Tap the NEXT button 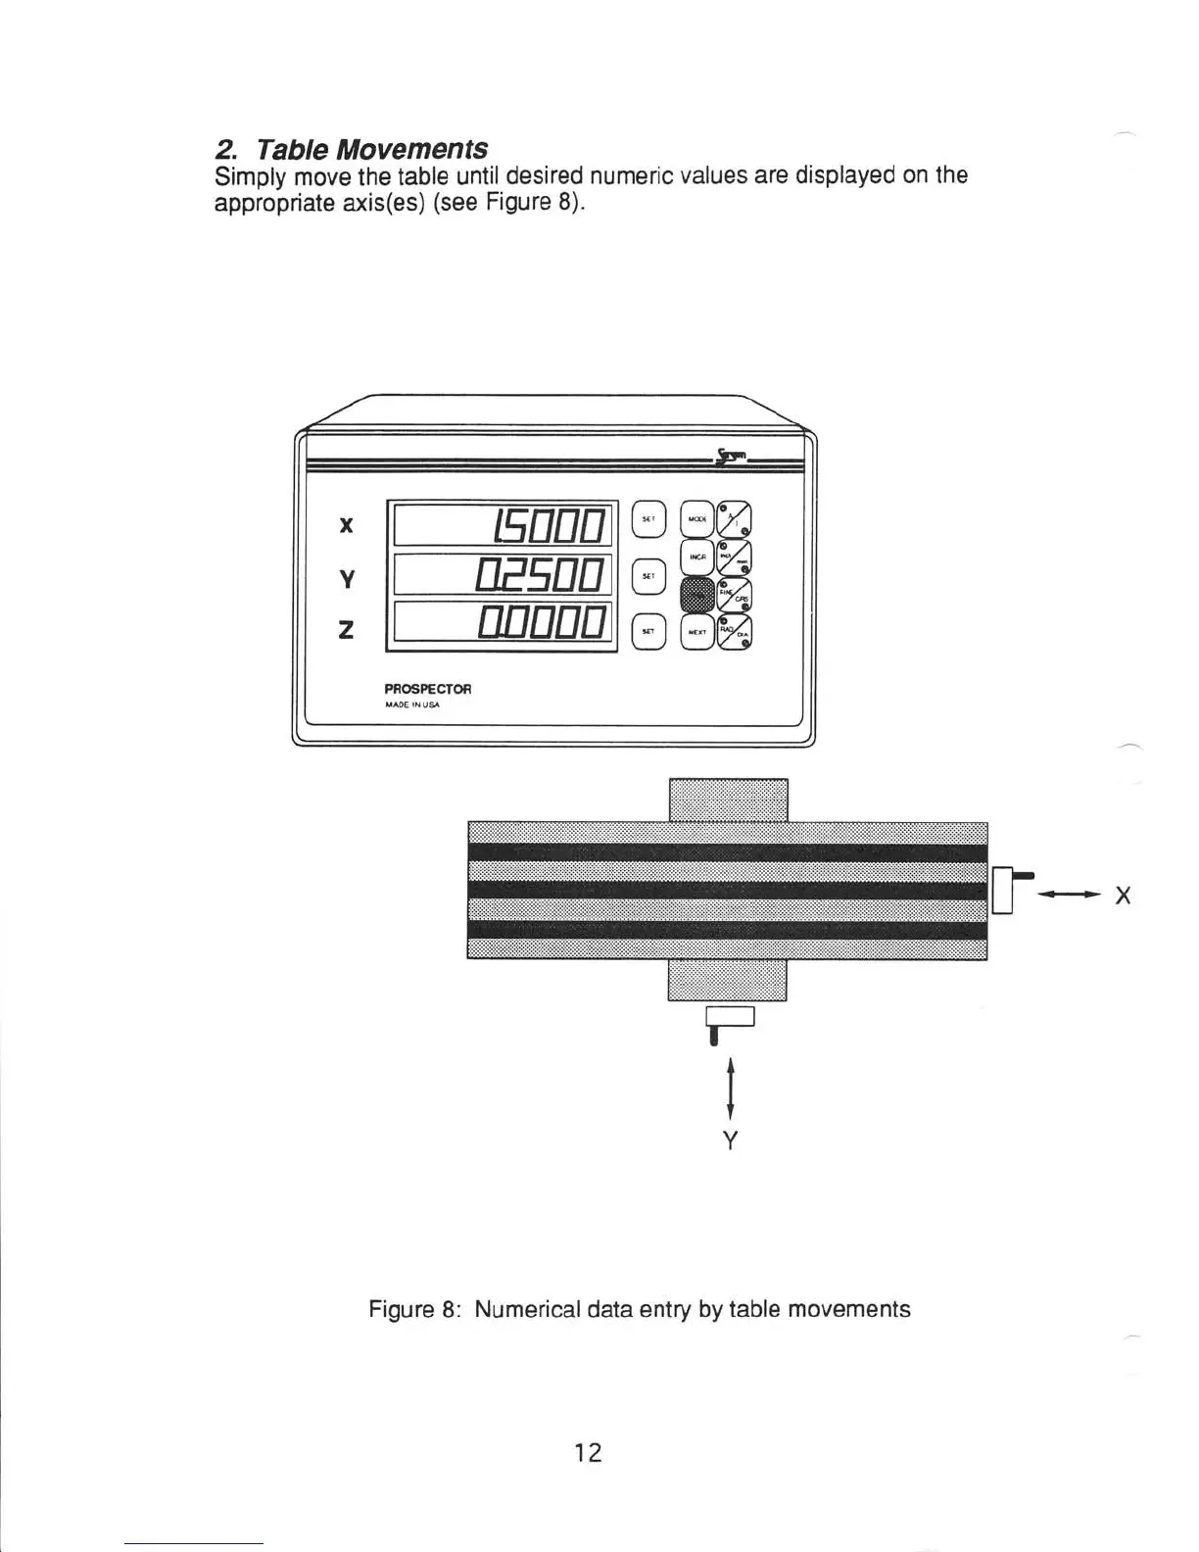[697, 632]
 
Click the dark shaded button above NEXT [697, 594]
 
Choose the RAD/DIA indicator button [735, 633]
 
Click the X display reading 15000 [503, 525]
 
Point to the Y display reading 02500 [503, 574]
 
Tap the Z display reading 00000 [503, 623]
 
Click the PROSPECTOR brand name [428, 689]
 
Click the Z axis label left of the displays [345, 630]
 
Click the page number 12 [588, 1452]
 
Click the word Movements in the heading [411, 149]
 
